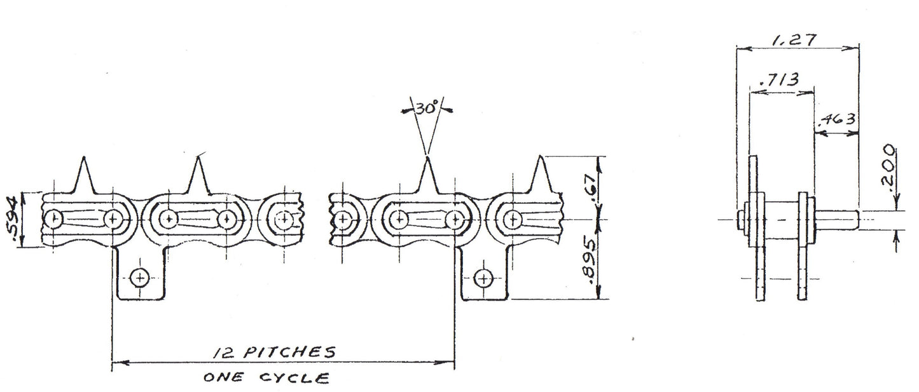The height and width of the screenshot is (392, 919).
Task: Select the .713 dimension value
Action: point(780,80)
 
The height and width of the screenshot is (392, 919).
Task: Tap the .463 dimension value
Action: point(837,119)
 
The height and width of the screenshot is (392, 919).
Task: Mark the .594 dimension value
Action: point(11,222)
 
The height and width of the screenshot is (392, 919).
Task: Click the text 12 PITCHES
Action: point(274,352)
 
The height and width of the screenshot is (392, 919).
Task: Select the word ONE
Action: point(223,377)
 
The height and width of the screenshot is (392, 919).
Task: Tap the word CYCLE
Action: point(294,377)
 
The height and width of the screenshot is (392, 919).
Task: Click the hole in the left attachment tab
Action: point(140,278)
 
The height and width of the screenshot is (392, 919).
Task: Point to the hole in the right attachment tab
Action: point(484,279)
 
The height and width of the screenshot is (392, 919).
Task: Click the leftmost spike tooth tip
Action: point(84,157)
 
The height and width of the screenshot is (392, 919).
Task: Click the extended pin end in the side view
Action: point(837,219)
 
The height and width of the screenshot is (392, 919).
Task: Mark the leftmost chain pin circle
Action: point(53,219)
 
